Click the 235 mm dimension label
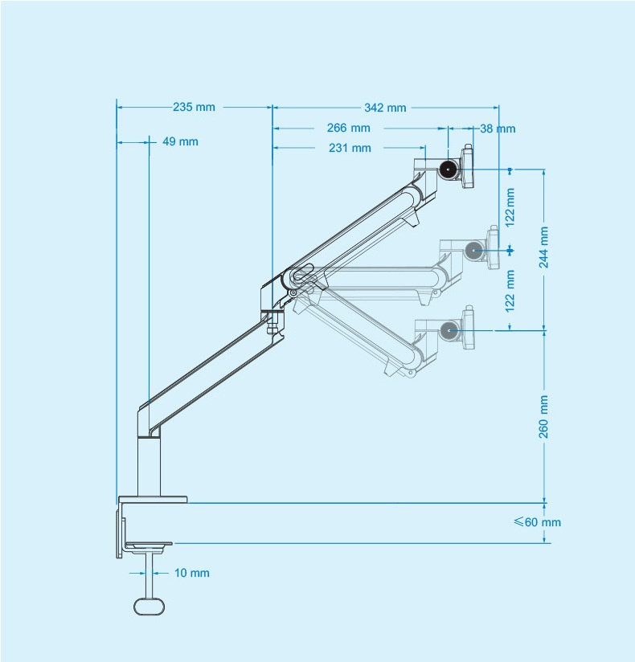click(194, 107)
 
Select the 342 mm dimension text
click(385, 108)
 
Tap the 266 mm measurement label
click(349, 128)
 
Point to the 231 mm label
click(350, 148)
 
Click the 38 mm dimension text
click(498, 129)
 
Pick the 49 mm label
click(180, 142)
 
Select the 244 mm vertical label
click(543, 247)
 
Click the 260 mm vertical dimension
click(543, 417)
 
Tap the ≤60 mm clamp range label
click(538, 522)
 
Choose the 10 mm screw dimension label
click(192, 573)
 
